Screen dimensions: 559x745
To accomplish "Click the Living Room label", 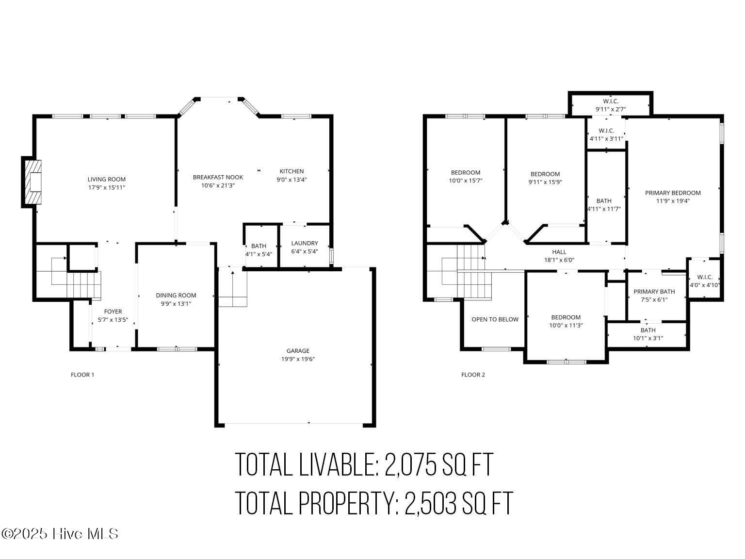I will pyautogui.click(x=106, y=179).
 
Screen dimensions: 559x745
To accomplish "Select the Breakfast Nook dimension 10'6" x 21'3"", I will pyautogui.click(x=218, y=185).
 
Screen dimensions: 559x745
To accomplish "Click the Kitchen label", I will pyautogui.click(x=292, y=171).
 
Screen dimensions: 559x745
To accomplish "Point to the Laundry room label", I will pyautogui.click(x=305, y=243).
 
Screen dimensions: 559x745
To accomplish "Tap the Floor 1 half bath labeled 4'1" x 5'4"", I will pyautogui.click(x=259, y=250).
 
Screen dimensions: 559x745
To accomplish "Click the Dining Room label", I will pyautogui.click(x=176, y=295).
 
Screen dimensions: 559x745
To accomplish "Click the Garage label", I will pyautogui.click(x=298, y=351).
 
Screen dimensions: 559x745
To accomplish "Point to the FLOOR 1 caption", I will pyautogui.click(x=82, y=375).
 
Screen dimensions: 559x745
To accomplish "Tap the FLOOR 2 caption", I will pyautogui.click(x=473, y=375).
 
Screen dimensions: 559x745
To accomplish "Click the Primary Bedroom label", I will pyautogui.click(x=673, y=193).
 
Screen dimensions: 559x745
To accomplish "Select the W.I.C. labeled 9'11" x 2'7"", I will pyautogui.click(x=611, y=105).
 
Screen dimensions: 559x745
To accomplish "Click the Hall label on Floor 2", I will pyautogui.click(x=559, y=252).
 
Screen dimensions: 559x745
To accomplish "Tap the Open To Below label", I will pyautogui.click(x=495, y=319).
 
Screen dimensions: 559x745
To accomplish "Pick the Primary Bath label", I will pyautogui.click(x=654, y=292).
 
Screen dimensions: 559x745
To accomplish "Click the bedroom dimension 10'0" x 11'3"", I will pyautogui.click(x=566, y=326).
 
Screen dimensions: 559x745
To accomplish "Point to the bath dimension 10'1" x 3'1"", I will pyautogui.click(x=648, y=338).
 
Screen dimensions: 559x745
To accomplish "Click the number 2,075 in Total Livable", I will pyautogui.click(x=411, y=464).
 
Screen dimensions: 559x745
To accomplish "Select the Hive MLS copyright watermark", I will pyautogui.click(x=60, y=534).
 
